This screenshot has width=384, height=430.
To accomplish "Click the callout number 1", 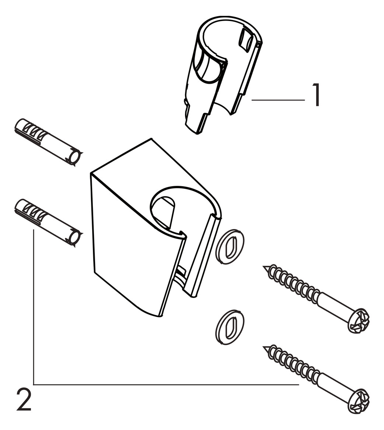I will click(316, 95).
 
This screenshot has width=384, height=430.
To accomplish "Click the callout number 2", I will click(24, 400).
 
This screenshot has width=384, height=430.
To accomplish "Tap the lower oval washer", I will click(230, 327).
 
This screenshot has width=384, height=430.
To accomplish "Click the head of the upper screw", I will click(359, 321).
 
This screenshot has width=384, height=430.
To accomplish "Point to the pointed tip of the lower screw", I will click(265, 347).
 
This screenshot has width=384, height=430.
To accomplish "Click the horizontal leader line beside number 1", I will click(278, 100).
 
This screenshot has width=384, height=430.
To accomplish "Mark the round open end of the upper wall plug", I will click(75, 157).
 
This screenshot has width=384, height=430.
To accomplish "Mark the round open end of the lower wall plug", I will click(75, 238).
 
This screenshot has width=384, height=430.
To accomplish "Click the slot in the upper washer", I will click(230, 247).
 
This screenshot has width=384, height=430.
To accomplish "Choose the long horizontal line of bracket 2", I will click(166, 385).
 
